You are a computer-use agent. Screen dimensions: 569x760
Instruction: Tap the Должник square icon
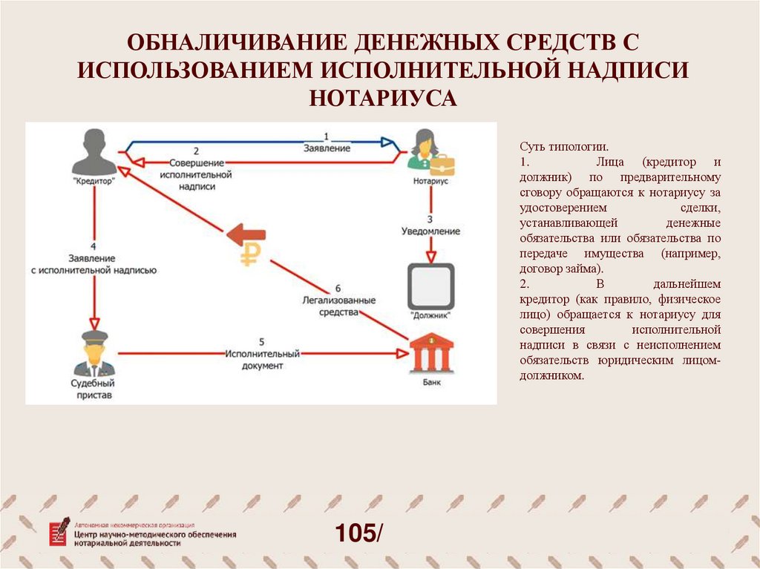click(x=431, y=286)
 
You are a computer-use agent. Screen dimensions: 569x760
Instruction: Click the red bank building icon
click(x=430, y=353)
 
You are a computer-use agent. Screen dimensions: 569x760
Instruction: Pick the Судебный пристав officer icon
click(x=94, y=354)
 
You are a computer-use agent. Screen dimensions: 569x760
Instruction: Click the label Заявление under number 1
click(x=327, y=149)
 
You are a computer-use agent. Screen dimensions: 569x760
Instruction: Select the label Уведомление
click(x=431, y=231)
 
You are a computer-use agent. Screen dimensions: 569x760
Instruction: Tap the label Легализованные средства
click(x=338, y=306)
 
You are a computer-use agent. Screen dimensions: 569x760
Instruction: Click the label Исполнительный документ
click(x=262, y=360)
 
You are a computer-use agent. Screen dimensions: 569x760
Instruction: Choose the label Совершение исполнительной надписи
click(x=196, y=174)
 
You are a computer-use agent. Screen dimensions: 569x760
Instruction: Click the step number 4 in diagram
click(x=93, y=246)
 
